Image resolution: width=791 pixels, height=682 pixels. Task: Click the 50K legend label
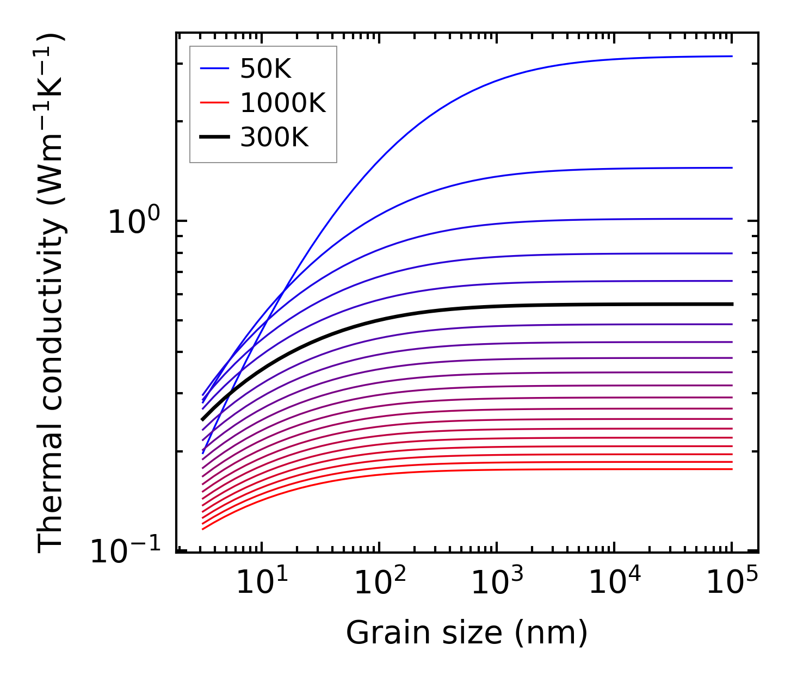tap(266, 69)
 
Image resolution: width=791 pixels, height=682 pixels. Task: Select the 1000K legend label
tap(283, 103)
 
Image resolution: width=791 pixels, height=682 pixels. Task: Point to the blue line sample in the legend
tap(215, 69)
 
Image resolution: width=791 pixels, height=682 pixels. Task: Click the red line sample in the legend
tap(215, 103)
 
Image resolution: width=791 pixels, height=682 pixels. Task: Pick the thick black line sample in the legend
tap(215, 137)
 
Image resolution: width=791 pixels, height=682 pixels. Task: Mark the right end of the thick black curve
tap(732, 304)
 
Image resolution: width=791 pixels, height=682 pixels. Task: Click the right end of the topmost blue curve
tap(732, 56)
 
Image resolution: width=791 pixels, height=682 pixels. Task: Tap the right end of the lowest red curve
tap(732, 469)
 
